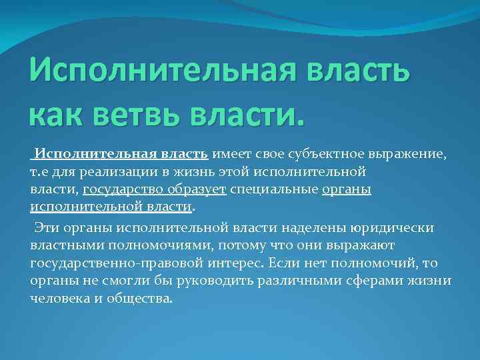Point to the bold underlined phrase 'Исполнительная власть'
(x=122, y=154)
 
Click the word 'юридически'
(x=398, y=228)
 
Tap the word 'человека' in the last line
(x=59, y=297)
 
